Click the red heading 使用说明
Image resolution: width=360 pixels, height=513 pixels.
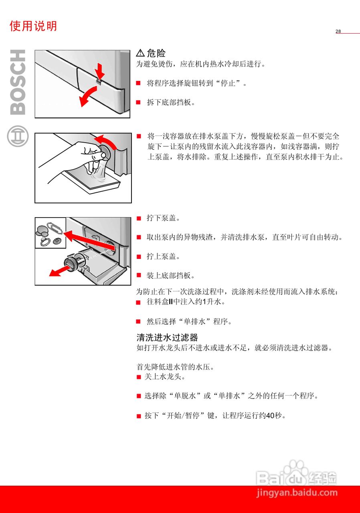pos(33,26)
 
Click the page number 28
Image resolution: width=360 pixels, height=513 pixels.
pos(338,32)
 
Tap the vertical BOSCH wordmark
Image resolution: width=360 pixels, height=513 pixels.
pos(17,82)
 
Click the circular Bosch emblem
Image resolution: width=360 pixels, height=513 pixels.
pos(18,136)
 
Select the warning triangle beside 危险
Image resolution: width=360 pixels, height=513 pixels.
pos(140,53)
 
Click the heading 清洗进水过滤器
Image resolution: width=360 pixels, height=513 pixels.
pos(167,337)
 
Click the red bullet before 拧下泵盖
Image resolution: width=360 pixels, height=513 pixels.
pos(139,218)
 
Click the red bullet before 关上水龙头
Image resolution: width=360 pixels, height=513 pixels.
pos(139,377)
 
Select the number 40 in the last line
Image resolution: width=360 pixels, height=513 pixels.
pos(270,416)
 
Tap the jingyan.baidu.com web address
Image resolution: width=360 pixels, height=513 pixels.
pos(297,493)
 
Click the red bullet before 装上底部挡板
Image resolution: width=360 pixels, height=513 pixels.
pos(139,275)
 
